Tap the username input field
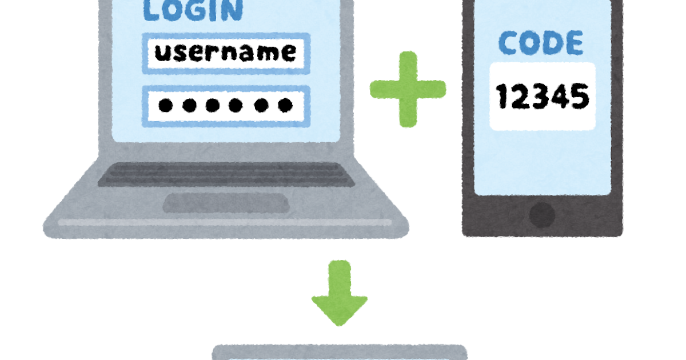pyautogui.click(x=226, y=53)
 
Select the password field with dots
pyautogui.click(x=226, y=105)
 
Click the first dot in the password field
pyautogui.click(x=166, y=105)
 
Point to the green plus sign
pyautogui.click(x=408, y=89)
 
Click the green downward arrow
pyautogui.click(x=340, y=293)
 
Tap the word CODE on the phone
pyautogui.click(x=541, y=43)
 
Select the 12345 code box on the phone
pyautogui.click(x=542, y=96)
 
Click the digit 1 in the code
pyautogui.click(x=503, y=97)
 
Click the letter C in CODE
pyautogui.click(x=508, y=43)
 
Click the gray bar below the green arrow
pyautogui.click(x=340, y=352)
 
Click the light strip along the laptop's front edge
pyautogui.click(x=226, y=222)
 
